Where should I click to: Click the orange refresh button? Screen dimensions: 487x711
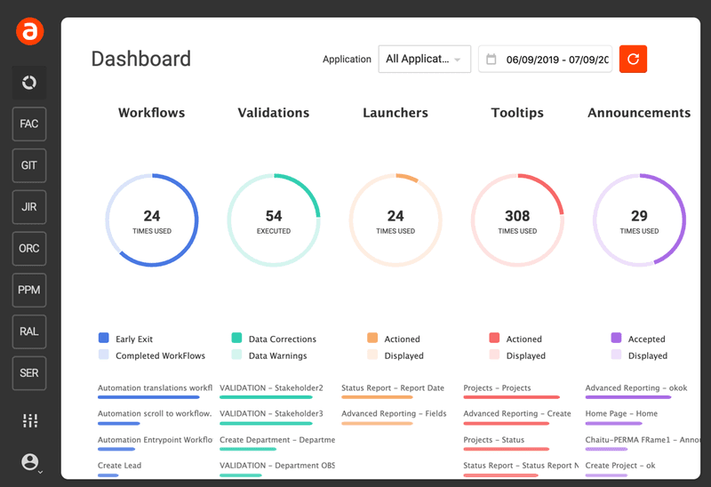pos(633,59)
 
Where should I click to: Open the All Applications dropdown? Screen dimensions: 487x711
pos(424,59)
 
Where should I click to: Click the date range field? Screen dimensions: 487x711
pos(545,60)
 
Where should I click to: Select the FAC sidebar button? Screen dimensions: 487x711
pos(29,124)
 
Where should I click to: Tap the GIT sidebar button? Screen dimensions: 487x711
pos(29,165)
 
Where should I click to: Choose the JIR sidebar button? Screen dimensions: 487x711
pos(29,207)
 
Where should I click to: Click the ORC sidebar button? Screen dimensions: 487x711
pos(29,248)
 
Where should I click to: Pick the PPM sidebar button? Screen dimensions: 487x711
pos(29,290)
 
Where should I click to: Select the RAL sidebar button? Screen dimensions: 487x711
pos(29,331)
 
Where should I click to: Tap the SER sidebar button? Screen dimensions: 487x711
pos(29,372)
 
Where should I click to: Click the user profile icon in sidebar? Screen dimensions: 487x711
pos(30,462)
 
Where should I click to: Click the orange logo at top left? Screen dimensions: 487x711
pos(29,32)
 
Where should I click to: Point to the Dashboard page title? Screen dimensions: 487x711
pos(140,60)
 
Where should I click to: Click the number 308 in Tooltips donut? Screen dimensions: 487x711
pos(516,216)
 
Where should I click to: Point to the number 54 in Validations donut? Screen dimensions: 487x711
pos(274,216)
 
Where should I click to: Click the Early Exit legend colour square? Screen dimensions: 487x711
pos(103,339)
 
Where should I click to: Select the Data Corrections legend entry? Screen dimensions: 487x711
pos(282,339)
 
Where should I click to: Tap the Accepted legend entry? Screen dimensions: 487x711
pos(646,339)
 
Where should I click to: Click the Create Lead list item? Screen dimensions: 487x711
pos(119,466)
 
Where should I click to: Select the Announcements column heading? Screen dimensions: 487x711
pos(638,113)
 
